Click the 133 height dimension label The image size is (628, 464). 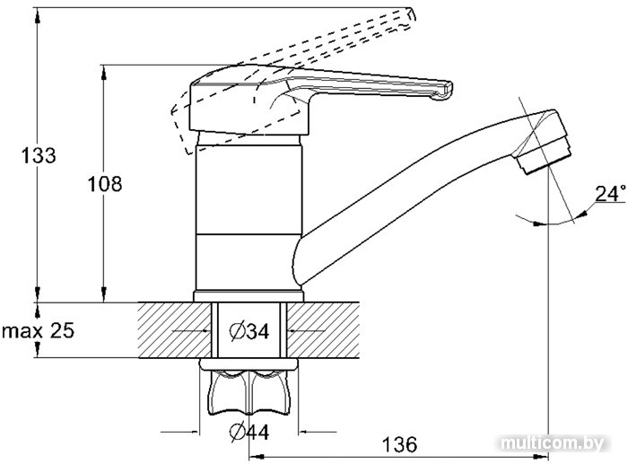39,155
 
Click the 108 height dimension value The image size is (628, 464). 105,185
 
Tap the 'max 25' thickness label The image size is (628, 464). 38,331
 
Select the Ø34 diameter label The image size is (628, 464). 249,331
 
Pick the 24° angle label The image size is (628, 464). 611,193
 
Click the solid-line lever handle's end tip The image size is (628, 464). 445,90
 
